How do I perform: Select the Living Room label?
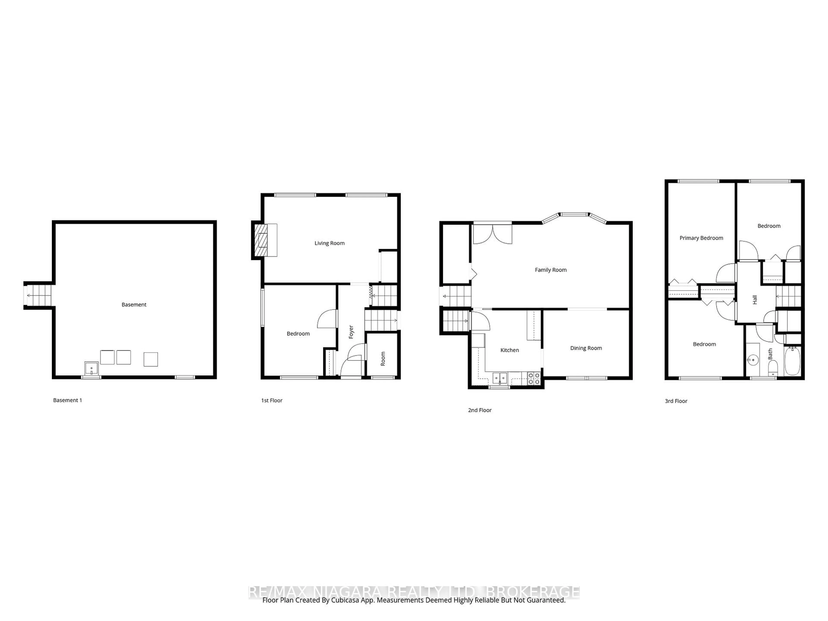click(x=329, y=243)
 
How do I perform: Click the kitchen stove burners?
click(x=534, y=378)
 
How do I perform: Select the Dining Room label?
click(x=586, y=348)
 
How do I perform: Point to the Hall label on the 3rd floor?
click(x=755, y=300)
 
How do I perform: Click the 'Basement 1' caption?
click(x=67, y=400)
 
